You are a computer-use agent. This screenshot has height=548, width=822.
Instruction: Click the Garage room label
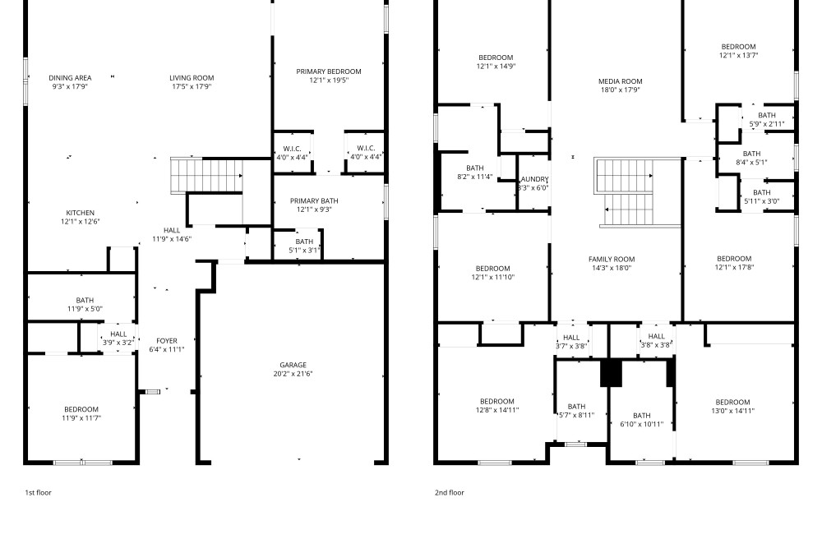pos(293,365)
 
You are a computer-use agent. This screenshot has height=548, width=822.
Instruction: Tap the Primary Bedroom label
pos(329,71)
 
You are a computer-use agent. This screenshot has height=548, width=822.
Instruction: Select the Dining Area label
pos(70,77)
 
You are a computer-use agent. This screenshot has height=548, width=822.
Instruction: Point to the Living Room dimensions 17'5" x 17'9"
pos(192,86)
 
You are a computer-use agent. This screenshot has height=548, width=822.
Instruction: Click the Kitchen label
pos(81,213)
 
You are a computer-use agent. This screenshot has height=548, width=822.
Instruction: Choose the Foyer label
pos(167,340)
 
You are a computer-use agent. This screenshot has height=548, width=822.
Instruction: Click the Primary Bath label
pos(314,200)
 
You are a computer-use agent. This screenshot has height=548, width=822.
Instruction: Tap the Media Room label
pos(620,81)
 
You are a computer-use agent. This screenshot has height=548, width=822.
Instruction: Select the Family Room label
pos(612,259)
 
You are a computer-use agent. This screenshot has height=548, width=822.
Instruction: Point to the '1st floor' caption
pos(39,492)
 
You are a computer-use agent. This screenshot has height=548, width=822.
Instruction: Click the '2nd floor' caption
pos(450,492)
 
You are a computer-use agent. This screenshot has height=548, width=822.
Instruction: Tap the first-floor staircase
pos(206,176)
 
